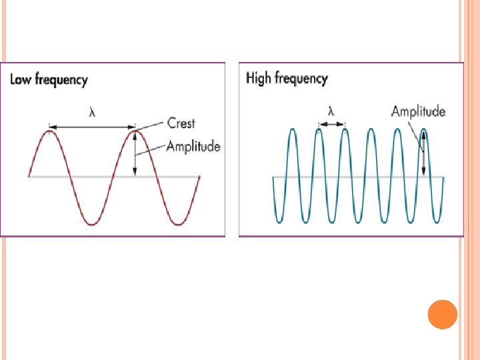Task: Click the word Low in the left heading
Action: (21, 80)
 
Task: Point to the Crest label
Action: (181, 123)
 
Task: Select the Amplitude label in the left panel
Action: (193, 146)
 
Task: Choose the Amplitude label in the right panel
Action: (418, 111)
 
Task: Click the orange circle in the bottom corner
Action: (442, 314)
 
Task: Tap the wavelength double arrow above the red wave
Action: (92, 125)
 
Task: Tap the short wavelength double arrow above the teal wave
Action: (331, 123)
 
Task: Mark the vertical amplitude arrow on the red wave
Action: (135, 153)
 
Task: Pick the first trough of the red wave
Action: (92, 223)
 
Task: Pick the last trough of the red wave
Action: (178, 223)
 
